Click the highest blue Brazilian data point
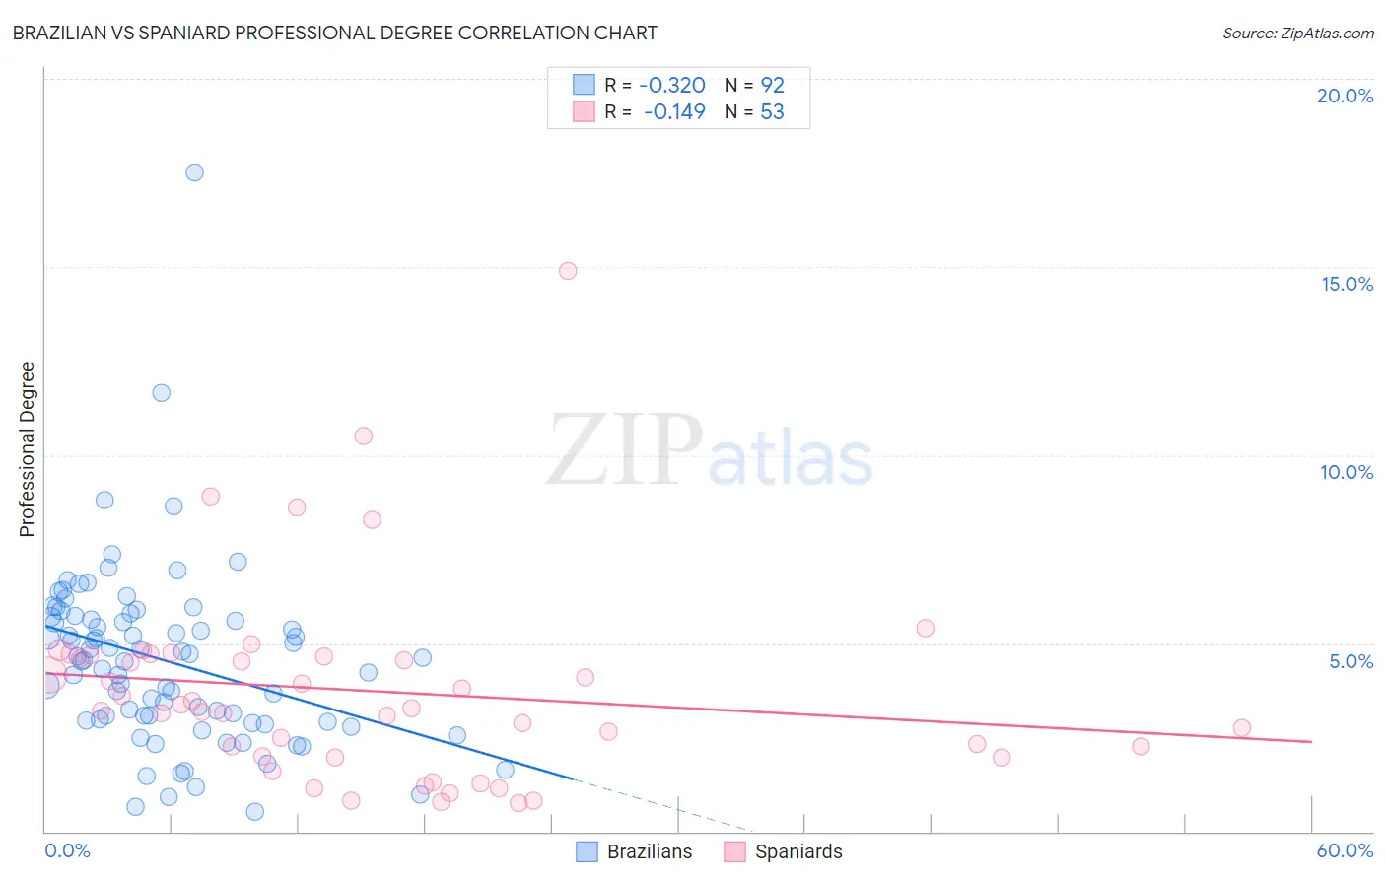194,172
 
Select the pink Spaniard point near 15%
568,271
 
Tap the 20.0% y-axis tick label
1345,96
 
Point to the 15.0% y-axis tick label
1347,284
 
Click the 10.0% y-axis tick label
1347,472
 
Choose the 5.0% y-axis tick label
1351,661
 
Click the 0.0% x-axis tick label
68,850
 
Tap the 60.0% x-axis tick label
1345,850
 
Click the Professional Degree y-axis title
27,449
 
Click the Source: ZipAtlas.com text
1297,34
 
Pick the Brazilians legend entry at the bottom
634,851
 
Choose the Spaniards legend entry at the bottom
784,851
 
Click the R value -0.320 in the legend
674,86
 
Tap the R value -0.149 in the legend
674,112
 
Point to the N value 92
772,86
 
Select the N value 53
772,112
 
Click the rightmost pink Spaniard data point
1241,728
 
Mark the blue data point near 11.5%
161,393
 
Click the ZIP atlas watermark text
710,450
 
